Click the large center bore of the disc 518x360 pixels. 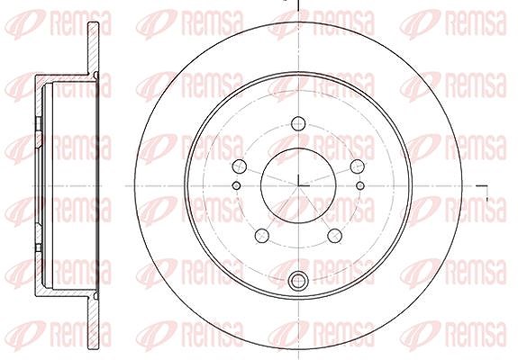[298, 185]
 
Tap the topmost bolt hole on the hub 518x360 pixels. [298, 123]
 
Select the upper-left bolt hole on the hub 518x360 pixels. [240, 166]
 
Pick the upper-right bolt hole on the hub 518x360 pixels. [357, 166]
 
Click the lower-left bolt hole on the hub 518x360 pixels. [262, 235]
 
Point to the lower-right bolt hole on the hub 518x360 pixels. [334, 235]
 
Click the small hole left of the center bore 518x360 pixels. [236, 185]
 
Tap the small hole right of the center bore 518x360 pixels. [360, 185]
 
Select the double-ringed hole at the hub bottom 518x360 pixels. [298, 281]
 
